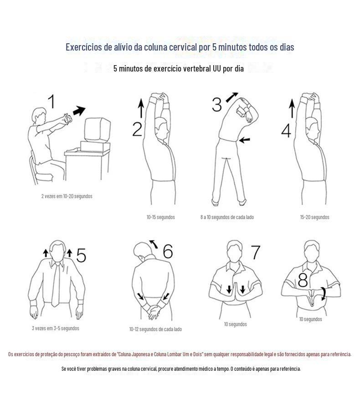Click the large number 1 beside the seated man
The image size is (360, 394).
52,101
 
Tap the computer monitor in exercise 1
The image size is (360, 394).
98,130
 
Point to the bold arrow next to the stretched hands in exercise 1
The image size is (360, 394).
79,111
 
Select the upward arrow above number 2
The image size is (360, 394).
141,108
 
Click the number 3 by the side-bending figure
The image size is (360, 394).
217,104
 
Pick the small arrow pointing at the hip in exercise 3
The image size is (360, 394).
244,140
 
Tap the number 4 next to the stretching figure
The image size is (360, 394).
286,131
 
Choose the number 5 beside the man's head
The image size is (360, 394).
81,255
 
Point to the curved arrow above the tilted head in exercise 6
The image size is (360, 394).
154,244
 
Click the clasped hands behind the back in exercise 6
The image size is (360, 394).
153,311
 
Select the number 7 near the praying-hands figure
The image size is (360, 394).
256,252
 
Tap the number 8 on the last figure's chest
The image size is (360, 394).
303,280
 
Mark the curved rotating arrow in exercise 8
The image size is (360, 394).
324,293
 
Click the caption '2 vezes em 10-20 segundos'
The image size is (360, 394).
67,196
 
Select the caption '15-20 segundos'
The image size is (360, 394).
314,217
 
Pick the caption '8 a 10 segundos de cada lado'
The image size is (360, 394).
227,217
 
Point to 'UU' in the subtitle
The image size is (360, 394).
217,68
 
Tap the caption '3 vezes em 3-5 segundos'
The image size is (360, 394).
56,328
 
